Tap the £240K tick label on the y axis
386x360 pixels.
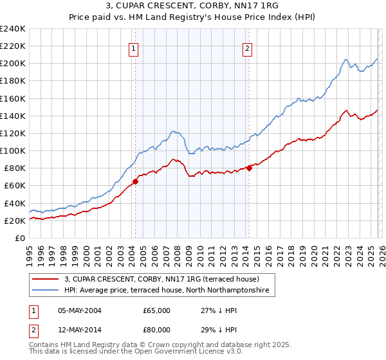[x=13, y=29]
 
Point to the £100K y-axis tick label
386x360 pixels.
[x=13, y=150]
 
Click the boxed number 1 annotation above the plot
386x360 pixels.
[x=133, y=47]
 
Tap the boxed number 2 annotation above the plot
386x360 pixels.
[x=247, y=47]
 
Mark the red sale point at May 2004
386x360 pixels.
[x=135, y=181]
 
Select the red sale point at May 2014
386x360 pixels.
[x=249, y=168]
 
